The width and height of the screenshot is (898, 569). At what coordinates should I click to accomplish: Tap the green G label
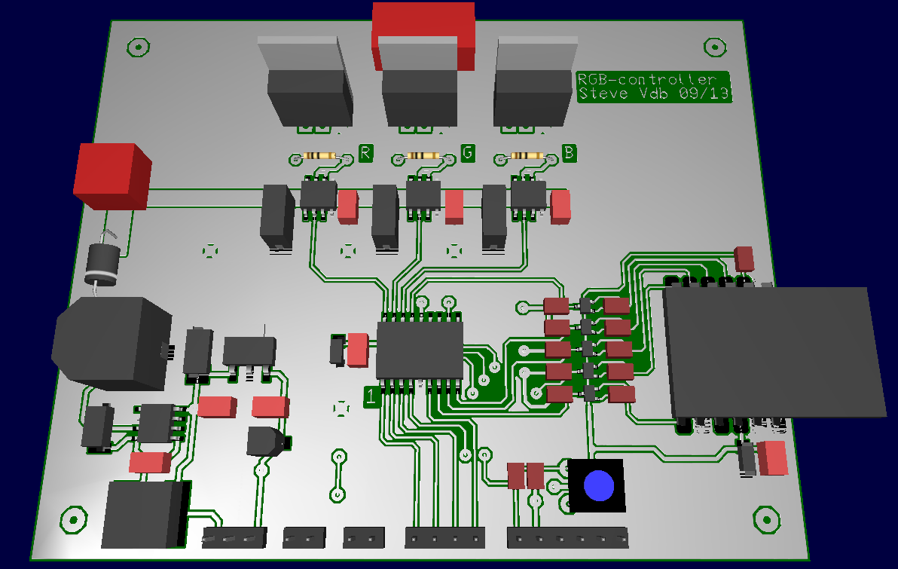pyautogui.click(x=468, y=154)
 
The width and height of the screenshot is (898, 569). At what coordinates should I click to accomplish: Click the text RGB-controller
pyautogui.click(x=646, y=80)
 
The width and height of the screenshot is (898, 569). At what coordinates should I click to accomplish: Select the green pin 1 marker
pyautogui.click(x=371, y=396)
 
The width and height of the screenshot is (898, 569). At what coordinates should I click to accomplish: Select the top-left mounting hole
pyautogui.click(x=137, y=47)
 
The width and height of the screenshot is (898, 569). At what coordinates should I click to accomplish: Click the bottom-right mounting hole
pyautogui.click(x=766, y=518)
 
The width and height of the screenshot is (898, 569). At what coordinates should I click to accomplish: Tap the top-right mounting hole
pyautogui.click(x=713, y=47)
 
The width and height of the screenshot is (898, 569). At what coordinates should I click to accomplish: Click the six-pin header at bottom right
pyautogui.click(x=569, y=538)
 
